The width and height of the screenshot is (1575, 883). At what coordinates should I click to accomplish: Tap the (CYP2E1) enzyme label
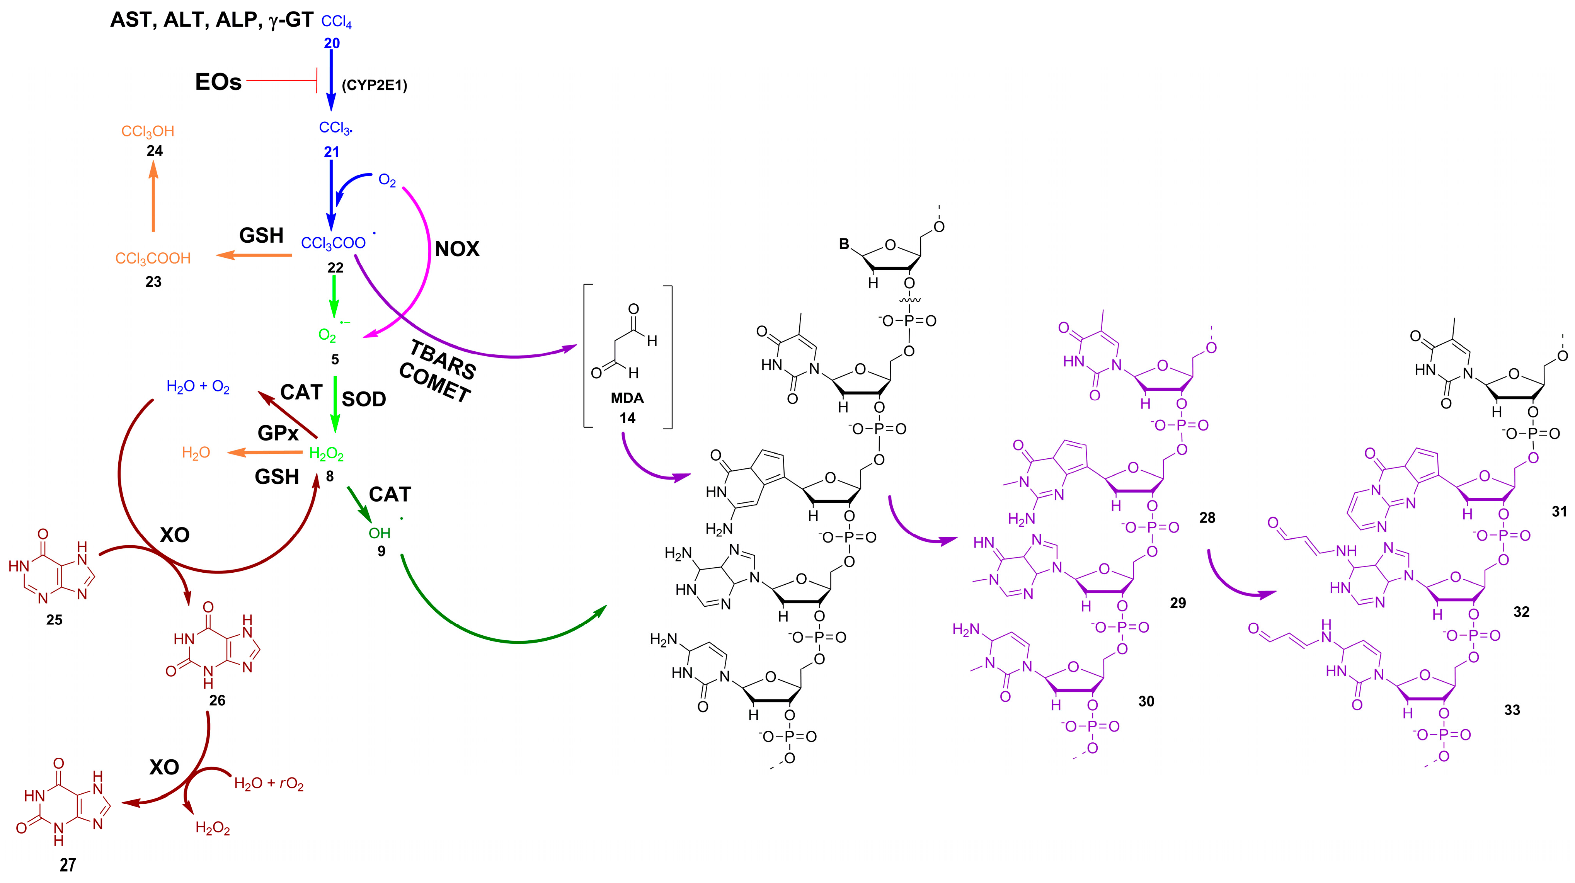click(374, 85)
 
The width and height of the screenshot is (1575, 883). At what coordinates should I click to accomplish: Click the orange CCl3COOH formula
click(153, 259)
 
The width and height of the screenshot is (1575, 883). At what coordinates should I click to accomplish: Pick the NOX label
click(457, 249)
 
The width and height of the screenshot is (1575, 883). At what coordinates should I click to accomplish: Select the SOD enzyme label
click(364, 399)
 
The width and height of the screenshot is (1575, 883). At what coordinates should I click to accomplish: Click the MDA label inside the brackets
click(627, 398)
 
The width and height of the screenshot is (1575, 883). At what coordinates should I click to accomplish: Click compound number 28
click(1207, 518)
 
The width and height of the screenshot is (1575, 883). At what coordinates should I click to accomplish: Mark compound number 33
click(1512, 710)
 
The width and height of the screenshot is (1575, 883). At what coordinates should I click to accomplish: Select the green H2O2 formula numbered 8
click(326, 454)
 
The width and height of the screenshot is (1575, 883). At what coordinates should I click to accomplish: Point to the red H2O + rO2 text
click(269, 784)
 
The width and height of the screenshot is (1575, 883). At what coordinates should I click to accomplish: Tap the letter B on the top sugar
click(845, 244)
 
